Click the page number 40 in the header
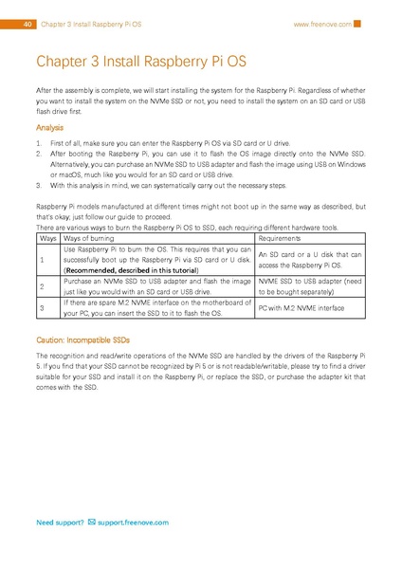coord(29,24)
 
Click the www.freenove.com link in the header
coord(322,24)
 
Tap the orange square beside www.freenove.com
coord(357,24)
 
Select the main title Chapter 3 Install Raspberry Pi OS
coord(141,63)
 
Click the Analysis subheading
coord(49,127)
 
